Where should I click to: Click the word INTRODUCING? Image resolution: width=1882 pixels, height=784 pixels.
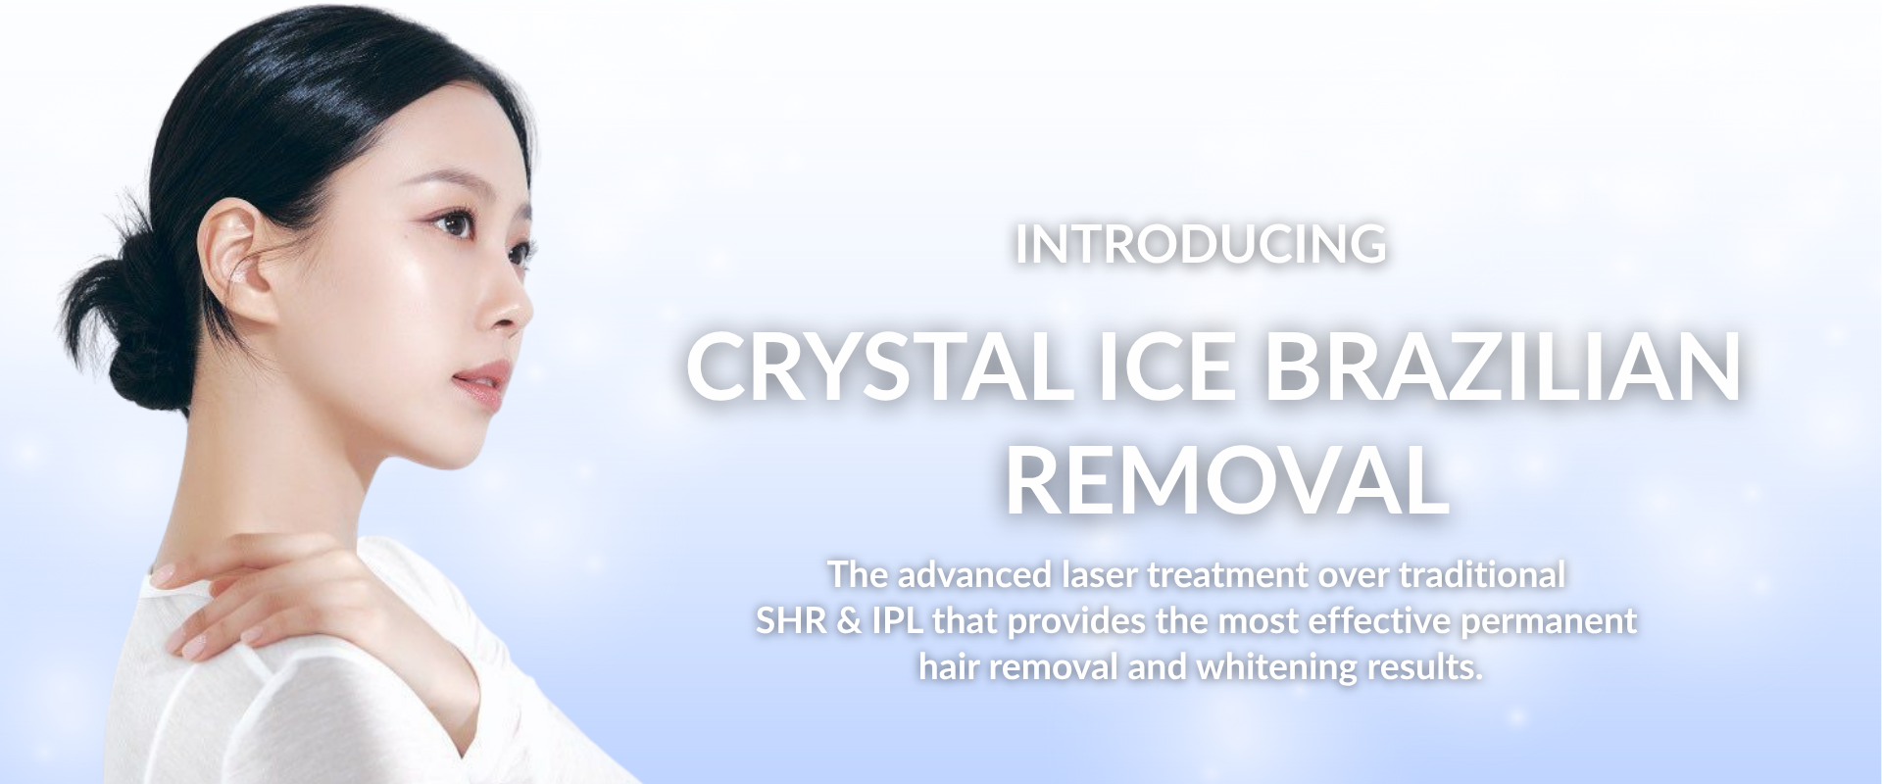tap(1200, 245)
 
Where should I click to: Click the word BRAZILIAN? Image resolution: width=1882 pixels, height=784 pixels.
tap(1503, 365)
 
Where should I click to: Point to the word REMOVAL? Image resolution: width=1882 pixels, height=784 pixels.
tap(1226, 480)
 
